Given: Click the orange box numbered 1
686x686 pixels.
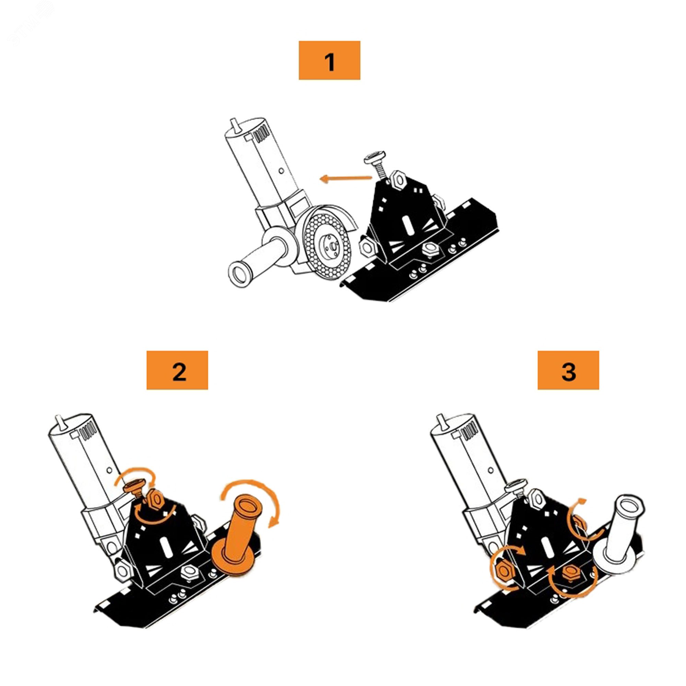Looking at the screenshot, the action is pos(330,60).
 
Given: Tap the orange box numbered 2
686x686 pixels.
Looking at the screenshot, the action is pos(177,370).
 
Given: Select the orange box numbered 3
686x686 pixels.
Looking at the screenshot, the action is pos(568,370).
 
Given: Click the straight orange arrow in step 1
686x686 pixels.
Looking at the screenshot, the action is pos(345,178).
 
